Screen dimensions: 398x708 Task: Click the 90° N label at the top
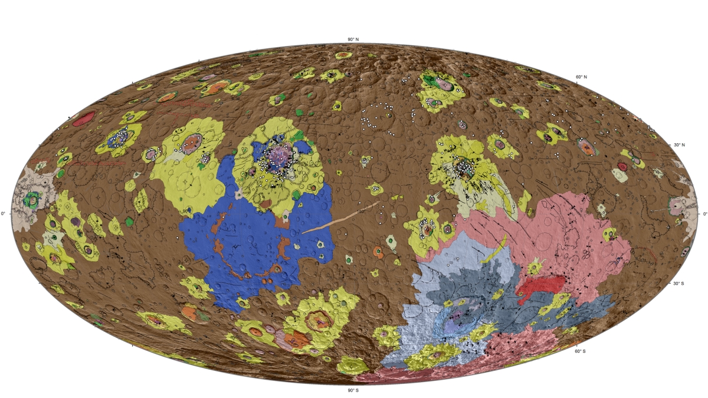pos(353,40)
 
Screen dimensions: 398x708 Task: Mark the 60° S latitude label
pos(581,351)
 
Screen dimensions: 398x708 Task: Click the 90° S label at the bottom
pos(353,390)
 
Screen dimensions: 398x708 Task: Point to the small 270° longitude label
pos(183,210)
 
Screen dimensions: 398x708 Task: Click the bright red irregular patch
pos(540,285)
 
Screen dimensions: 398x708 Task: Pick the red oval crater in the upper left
pos(83,118)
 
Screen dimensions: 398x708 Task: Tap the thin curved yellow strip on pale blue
pos(494,250)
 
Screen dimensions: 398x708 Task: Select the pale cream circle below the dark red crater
pos(620,175)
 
